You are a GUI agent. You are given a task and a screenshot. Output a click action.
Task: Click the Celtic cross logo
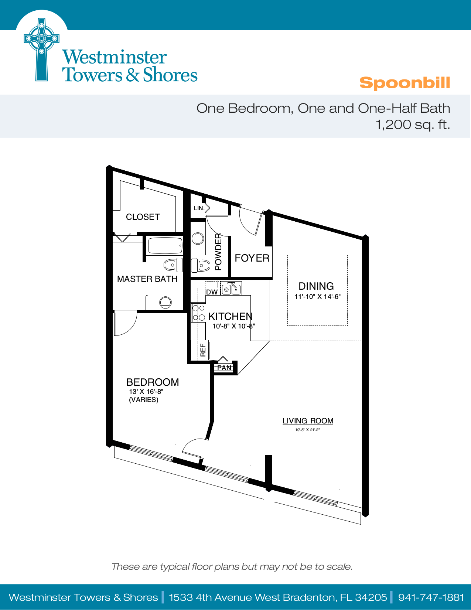point(41,50)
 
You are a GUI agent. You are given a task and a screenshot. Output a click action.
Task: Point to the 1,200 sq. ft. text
point(413,125)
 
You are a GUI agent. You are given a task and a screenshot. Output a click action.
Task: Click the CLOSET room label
point(143,217)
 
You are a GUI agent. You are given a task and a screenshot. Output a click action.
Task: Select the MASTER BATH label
point(147,279)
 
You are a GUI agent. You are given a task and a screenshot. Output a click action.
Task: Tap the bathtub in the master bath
point(165,246)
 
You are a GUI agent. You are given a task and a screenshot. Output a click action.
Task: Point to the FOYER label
point(252,258)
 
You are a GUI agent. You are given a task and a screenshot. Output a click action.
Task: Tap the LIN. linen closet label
point(199,208)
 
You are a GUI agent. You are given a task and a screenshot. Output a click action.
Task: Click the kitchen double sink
point(231,289)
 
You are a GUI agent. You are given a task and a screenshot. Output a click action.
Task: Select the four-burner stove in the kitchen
point(198,313)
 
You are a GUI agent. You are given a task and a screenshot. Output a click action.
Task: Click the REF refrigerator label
point(203,350)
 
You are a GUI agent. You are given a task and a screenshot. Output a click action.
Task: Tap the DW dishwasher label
point(212,292)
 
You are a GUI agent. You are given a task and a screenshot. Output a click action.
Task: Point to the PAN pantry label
point(224,368)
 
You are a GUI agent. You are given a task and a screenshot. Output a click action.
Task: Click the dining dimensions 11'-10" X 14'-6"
point(317,296)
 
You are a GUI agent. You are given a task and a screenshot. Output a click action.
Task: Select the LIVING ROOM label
point(308,421)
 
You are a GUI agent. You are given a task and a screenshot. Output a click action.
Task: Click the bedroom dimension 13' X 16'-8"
point(146,391)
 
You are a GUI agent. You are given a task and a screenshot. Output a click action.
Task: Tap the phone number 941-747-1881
point(431,597)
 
